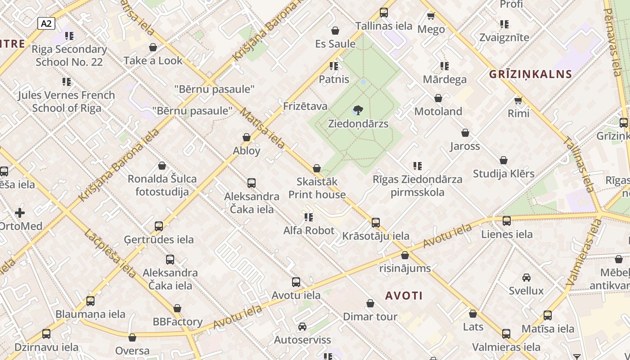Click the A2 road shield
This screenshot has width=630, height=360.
[46, 23]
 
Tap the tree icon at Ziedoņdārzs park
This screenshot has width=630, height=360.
[358, 109]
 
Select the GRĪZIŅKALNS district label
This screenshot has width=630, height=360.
[530, 74]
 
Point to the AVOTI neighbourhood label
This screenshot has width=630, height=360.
[404, 296]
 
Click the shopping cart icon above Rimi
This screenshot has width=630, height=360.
[518, 100]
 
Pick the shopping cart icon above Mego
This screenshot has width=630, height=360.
[431, 16]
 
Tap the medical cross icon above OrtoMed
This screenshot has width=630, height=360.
[20, 212]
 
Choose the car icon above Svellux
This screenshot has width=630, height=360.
[526, 278]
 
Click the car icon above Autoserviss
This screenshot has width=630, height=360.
[302, 327]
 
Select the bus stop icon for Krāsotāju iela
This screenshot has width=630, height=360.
[375, 223]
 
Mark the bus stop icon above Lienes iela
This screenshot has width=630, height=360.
[507, 221]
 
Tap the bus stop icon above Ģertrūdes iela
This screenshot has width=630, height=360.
[159, 226]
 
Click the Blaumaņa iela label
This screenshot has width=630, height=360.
[90, 314]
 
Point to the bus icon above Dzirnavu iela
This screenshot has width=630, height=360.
[46, 334]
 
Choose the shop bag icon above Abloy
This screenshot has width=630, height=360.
[247, 137]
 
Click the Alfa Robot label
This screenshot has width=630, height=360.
[309, 230]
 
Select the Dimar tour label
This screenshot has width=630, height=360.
[370, 316]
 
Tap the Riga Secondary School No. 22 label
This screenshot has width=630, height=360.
[69, 55]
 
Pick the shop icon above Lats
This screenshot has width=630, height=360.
[473, 314]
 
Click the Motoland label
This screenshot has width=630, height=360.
[438, 111]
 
